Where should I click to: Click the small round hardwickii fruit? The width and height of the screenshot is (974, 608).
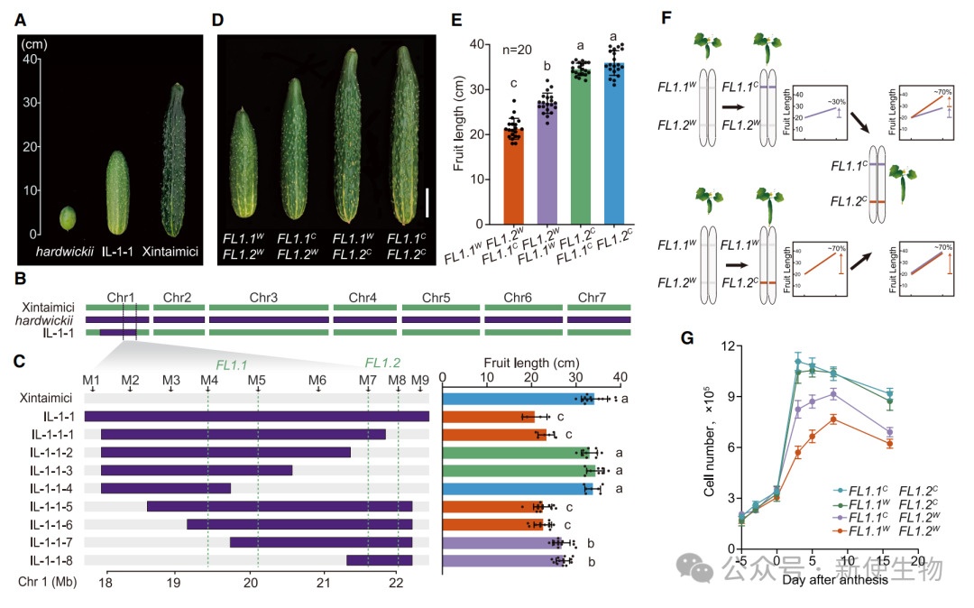click(x=67, y=217)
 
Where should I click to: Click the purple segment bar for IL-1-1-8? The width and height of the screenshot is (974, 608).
click(x=379, y=560)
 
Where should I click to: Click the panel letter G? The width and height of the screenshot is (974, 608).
click(x=686, y=339)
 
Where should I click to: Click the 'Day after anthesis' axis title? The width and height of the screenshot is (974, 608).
click(x=835, y=580)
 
